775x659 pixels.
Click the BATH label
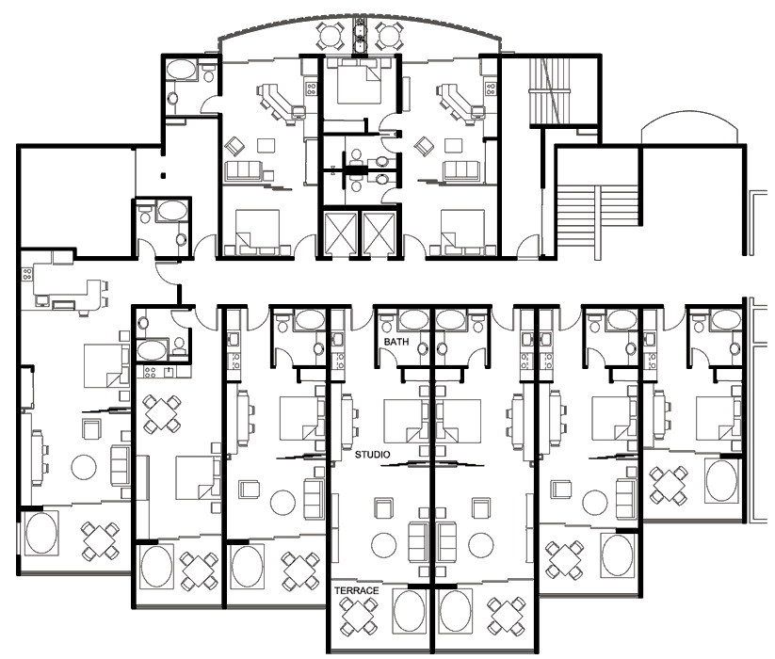pos(396,342)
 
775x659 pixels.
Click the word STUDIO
pos(372,455)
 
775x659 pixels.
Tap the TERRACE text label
pos(356,590)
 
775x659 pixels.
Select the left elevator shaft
pos(340,233)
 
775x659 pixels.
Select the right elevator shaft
pos(379,233)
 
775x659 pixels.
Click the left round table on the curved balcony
pos(330,35)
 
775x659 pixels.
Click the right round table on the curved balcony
pos(389,35)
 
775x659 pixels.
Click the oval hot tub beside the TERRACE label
pos(409,611)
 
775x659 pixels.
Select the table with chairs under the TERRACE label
pos(359,616)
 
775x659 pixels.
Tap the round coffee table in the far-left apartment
pos(84,467)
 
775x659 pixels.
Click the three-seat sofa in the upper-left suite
pos(243,170)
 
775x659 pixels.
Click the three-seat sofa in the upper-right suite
pos(460,170)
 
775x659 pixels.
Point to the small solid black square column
pos(163,175)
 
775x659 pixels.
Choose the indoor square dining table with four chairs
pos(161,413)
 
